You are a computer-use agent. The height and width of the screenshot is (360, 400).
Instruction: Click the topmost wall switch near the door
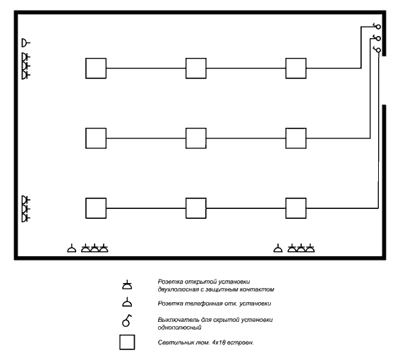(x=378, y=27)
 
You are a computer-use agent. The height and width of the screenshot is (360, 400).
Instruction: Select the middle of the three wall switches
(x=378, y=38)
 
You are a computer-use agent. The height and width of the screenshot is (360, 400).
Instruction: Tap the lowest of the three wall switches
(x=378, y=50)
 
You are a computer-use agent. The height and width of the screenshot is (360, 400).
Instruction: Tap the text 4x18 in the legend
(x=219, y=342)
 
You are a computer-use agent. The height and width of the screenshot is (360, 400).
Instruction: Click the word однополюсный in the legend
(x=180, y=328)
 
